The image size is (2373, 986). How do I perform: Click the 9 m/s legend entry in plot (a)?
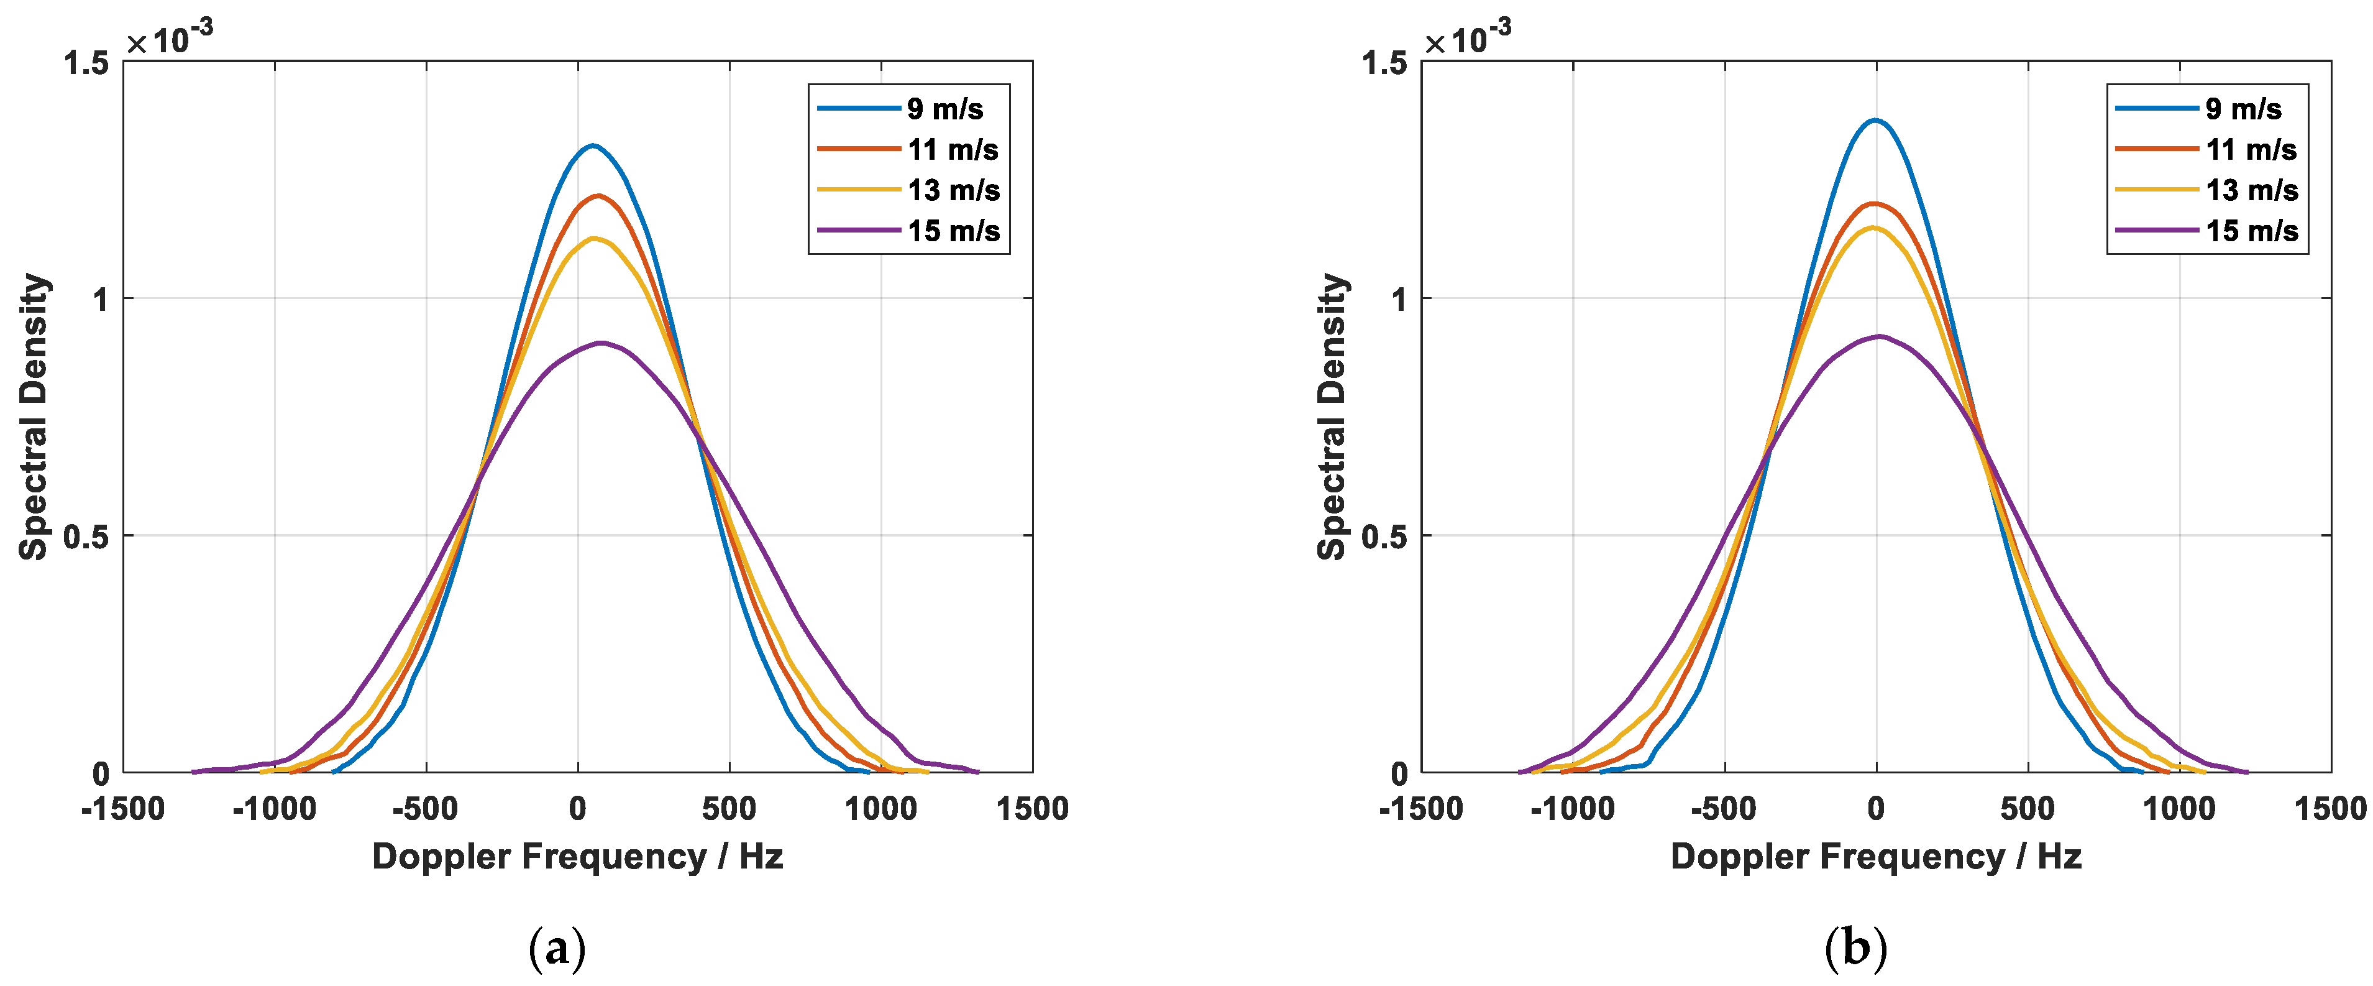coord(944,109)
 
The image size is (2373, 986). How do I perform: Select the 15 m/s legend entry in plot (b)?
coord(2251,231)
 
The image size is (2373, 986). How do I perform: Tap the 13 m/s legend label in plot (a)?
coord(953,190)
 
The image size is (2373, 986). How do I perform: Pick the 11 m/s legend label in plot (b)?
coord(2251,149)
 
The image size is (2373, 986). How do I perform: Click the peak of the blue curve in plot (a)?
coord(592,145)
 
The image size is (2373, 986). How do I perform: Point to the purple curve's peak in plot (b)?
coord(1878,336)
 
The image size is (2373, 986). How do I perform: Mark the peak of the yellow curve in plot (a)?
coord(594,239)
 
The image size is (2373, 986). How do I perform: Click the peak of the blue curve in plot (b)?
coord(1875,120)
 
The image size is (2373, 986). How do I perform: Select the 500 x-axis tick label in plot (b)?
coord(2028,809)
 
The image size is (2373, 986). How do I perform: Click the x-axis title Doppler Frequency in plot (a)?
coord(578,856)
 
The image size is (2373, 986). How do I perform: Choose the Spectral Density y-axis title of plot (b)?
coord(1332,417)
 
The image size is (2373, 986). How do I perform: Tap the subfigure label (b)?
coord(1855,948)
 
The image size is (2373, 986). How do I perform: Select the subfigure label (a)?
coord(557,948)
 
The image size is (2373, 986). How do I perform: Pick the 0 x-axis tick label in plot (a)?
coord(578,809)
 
